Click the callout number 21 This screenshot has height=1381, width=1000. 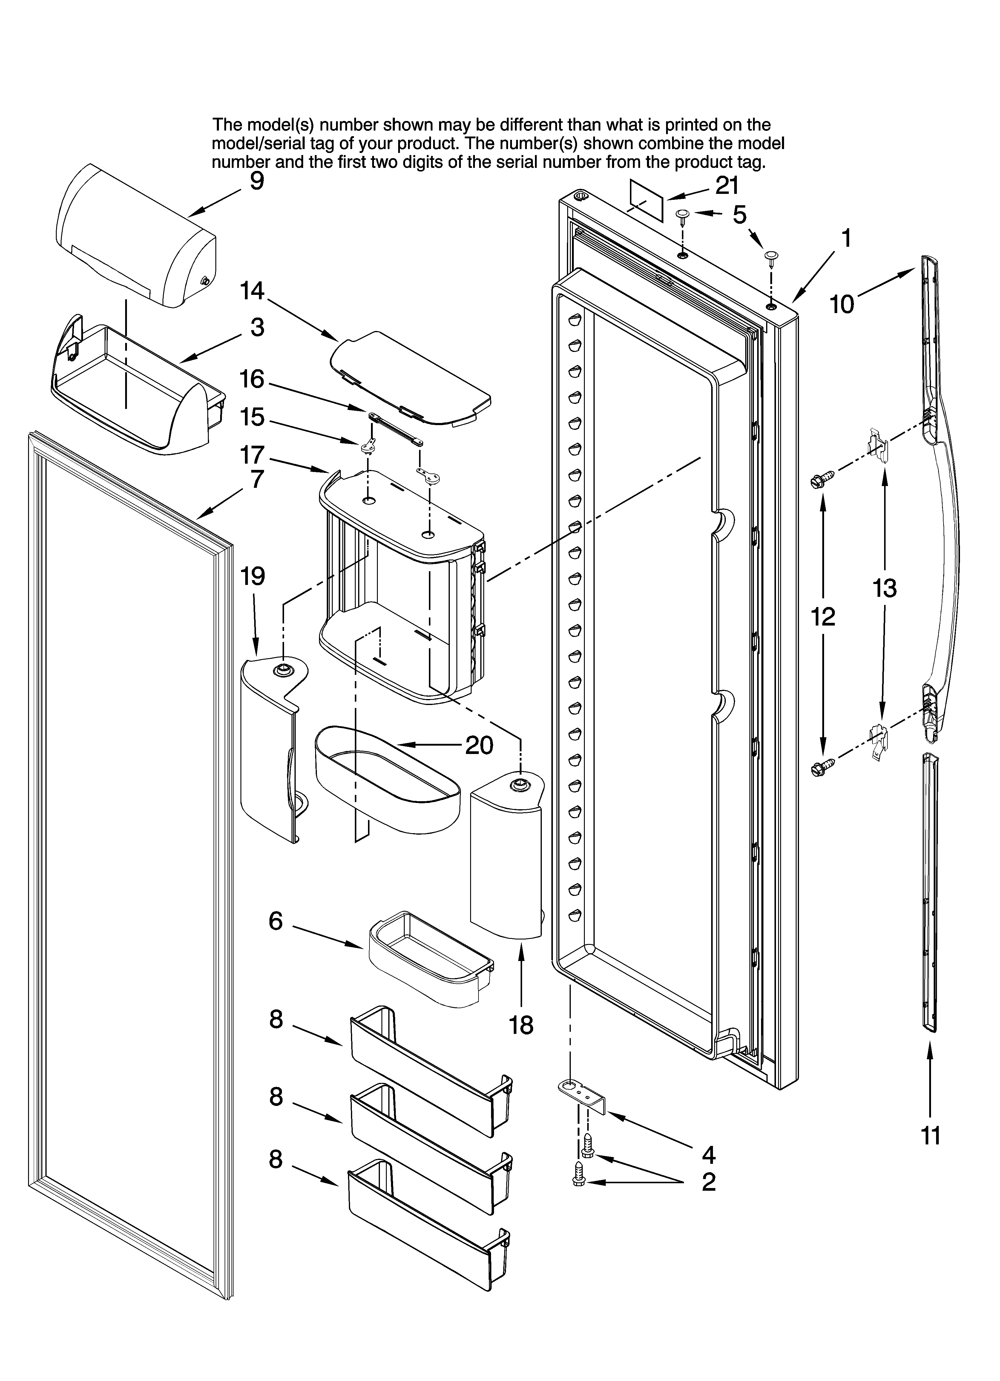726,185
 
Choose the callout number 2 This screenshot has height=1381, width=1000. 708,1182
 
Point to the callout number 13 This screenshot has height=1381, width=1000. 884,588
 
